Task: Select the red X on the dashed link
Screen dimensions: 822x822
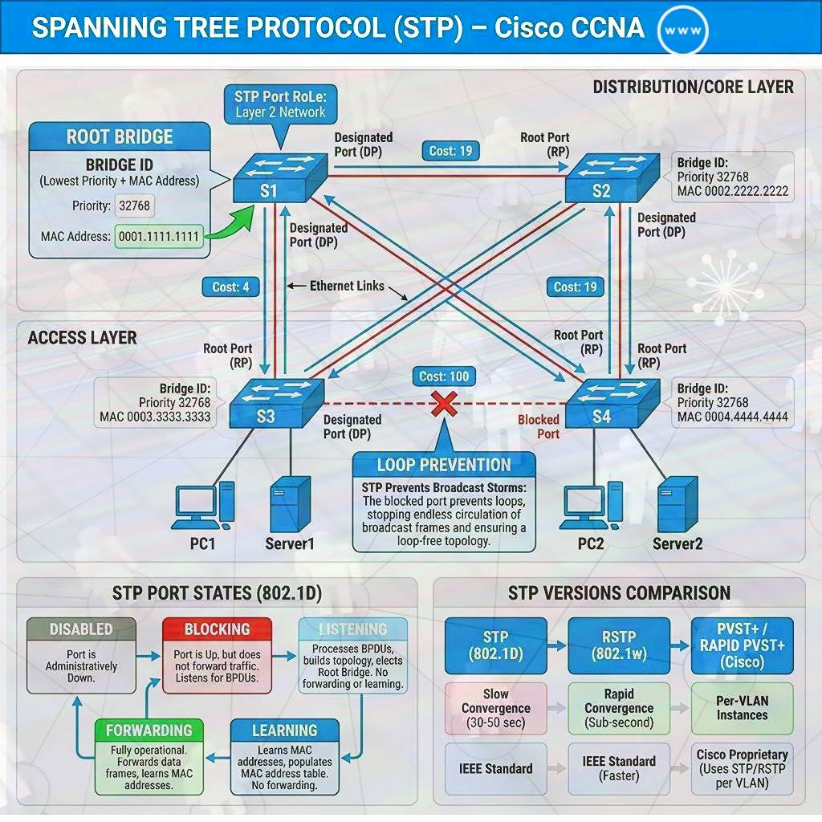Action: click(443, 404)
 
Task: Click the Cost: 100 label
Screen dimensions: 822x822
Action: click(443, 376)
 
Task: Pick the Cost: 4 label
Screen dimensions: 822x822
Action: click(230, 287)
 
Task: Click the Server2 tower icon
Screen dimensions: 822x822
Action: click(677, 505)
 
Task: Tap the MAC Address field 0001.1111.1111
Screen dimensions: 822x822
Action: click(160, 237)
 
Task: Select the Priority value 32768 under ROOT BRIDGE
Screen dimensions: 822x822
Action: click(133, 205)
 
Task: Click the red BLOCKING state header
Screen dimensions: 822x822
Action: click(218, 629)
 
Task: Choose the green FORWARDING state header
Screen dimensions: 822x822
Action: click(149, 730)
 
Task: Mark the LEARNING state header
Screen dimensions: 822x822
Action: click(285, 730)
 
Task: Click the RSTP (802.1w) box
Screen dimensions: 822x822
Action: click(618, 645)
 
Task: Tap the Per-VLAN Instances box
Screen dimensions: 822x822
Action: click(742, 707)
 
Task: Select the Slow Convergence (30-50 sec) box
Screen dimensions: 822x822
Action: click(495, 708)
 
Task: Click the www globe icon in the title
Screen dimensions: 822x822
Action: click(682, 30)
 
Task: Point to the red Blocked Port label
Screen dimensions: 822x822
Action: click(539, 426)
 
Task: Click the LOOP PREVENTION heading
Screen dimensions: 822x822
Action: click(444, 465)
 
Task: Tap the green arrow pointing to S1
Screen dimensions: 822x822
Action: click(229, 225)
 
